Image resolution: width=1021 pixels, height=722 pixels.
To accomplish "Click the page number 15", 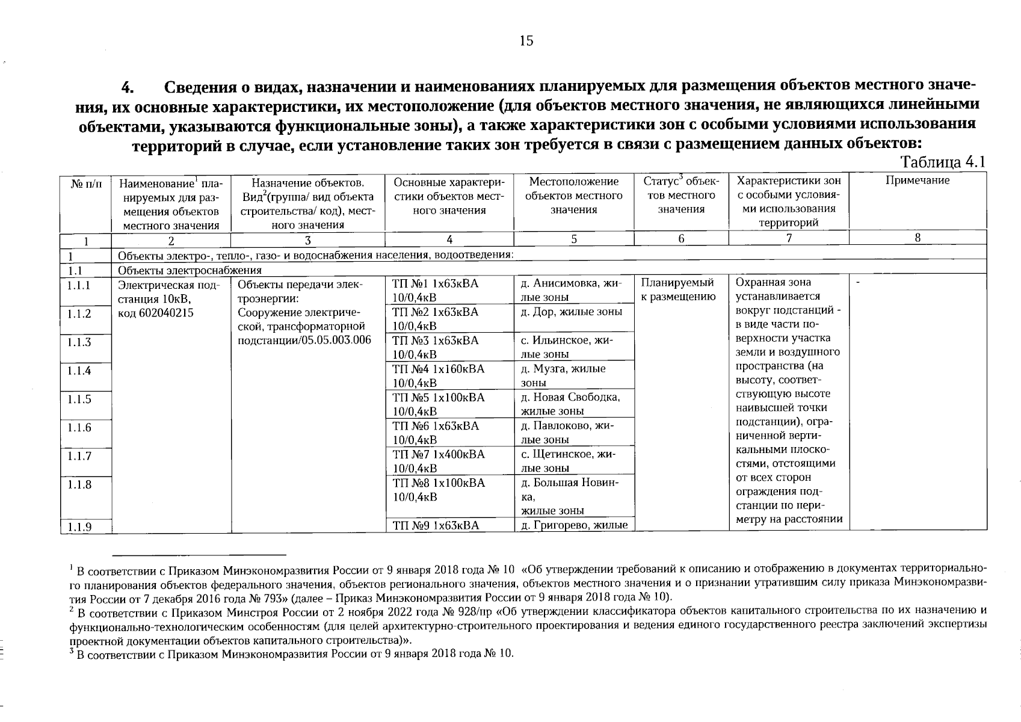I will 525,40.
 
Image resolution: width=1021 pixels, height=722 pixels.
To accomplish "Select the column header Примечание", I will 918,180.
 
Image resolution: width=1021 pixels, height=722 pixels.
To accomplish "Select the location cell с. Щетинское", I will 569,461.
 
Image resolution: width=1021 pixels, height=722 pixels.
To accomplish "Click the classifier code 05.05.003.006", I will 337,340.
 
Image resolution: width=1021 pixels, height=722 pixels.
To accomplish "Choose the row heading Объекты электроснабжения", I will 190,270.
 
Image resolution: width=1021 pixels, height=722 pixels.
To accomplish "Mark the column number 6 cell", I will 681,238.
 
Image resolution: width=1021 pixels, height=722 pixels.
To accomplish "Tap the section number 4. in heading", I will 126,88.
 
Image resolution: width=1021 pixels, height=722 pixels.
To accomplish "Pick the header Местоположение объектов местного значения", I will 573,195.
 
